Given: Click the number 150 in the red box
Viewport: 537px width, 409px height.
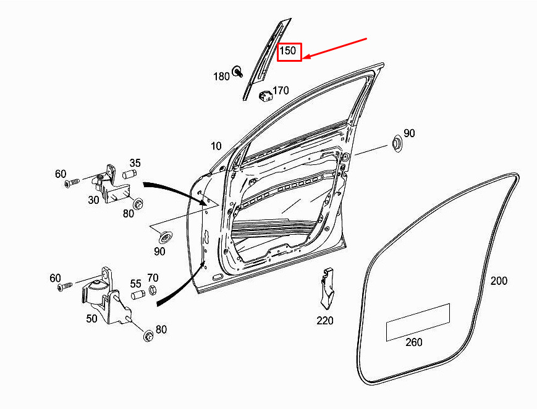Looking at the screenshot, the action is pyautogui.click(x=287, y=51).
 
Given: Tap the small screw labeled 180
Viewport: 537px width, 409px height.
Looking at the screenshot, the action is pyautogui.click(x=237, y=72).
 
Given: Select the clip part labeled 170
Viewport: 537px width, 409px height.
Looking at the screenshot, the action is pyautogui.click(x=266, y=95).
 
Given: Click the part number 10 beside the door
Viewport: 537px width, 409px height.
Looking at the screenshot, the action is pyautogui.click(x=216, y=146).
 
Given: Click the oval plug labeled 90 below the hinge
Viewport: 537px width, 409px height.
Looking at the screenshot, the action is pyautogui.click(x=166, y=237).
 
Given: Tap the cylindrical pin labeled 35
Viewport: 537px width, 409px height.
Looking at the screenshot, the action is pyautogui.click(x=129, y=174).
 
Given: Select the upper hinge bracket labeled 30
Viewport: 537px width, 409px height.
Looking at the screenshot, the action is pyautogui.click(x=110, y=185).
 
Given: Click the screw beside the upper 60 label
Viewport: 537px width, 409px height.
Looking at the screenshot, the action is pyautogui.click(x=72, y=183).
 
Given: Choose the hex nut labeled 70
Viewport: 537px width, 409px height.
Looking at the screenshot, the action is pyautogui.click(x=153, y=290).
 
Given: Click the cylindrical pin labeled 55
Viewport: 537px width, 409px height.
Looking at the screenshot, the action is pyautogui.click(x=138, y=294).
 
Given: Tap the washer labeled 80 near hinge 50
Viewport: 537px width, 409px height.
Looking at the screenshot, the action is pyautogui.click(x=148, y=335).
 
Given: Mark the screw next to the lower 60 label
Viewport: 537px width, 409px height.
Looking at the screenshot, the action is pyautogui.click(x=65, y=287).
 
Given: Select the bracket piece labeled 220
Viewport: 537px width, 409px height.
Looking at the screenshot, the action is pyautogui.click(x=327, y=288).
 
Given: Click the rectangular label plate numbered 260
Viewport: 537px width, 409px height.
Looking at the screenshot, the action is pyautogui.click(x=418, y=323).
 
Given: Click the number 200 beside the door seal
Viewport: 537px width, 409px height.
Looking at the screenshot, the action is pyautogui.click(x=499, y=281).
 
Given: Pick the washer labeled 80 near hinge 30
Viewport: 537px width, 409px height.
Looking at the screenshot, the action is pyautogui.click(x=138, y=203).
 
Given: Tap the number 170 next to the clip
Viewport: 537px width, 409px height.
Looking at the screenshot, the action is pyautogui.click(x=281, y=90).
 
